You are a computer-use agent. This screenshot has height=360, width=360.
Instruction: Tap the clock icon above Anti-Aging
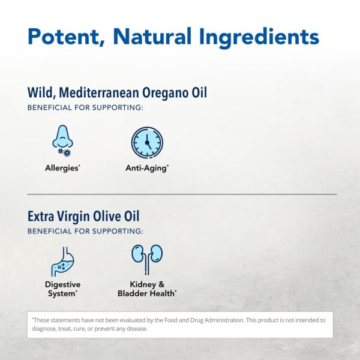[x=147, y=143]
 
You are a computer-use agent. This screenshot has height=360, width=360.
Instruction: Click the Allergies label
[x=62, y=168]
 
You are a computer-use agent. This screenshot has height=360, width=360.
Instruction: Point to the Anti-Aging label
[x=147, y=168]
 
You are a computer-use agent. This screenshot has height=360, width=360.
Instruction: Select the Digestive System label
[x=62, y=289]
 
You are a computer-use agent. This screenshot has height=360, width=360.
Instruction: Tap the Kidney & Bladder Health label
[x=146, y=289]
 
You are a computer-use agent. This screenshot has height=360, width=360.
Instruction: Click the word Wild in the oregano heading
[x=38, y=93]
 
